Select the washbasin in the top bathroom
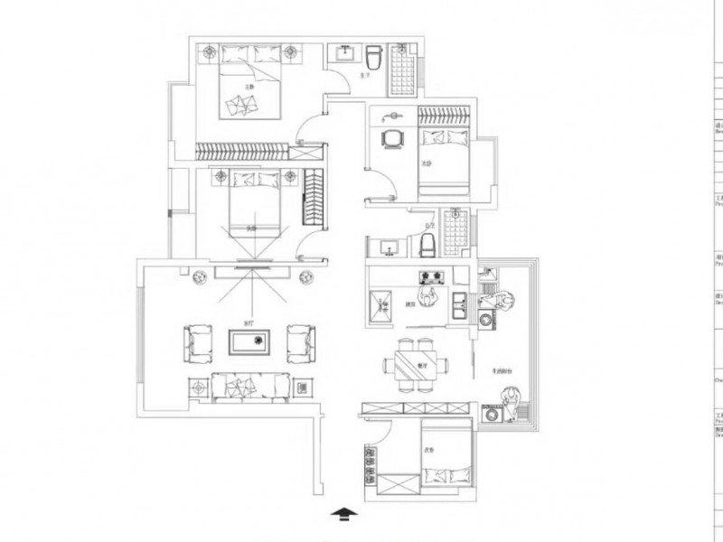[x=344, y=54]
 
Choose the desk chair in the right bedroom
[x=392, y=139]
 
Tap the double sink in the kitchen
[x=459, y=304]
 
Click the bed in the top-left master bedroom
[x=250, y=86]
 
